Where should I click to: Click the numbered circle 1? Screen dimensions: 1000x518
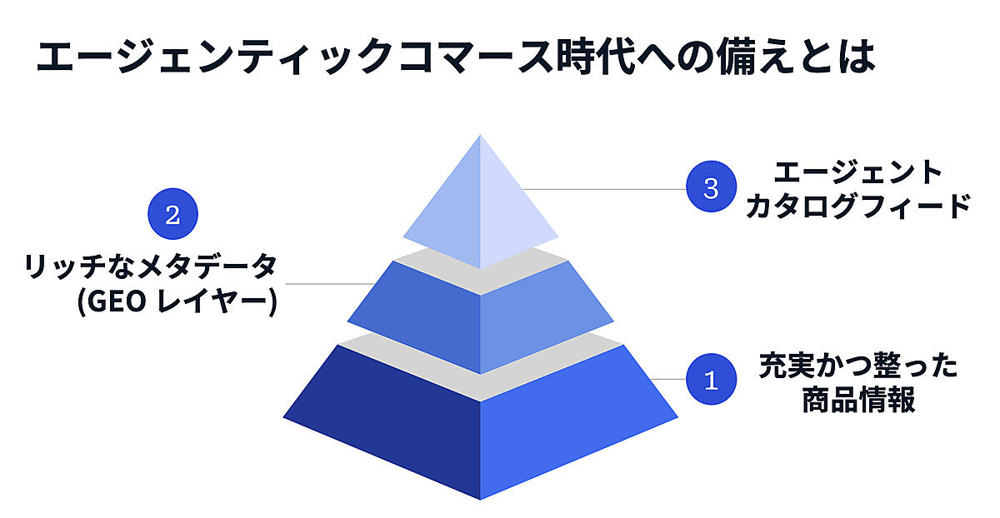point(711,379)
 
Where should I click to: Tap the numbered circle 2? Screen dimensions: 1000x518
point(172,214)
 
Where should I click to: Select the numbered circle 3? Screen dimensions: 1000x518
point(711,187)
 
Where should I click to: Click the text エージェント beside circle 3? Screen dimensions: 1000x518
point(857,173)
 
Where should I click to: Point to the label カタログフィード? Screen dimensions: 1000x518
point(858,207)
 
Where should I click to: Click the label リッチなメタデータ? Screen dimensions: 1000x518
point(151,266)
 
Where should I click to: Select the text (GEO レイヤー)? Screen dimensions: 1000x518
point(177,302)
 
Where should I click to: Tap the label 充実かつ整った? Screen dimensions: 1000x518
point(858,366)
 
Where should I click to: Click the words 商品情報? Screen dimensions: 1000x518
point(858,399)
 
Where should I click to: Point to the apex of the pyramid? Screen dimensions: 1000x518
point(480,135)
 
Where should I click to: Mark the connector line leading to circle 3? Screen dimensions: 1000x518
point(604,189)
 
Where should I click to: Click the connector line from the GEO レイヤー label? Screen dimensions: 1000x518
point(330,284)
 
